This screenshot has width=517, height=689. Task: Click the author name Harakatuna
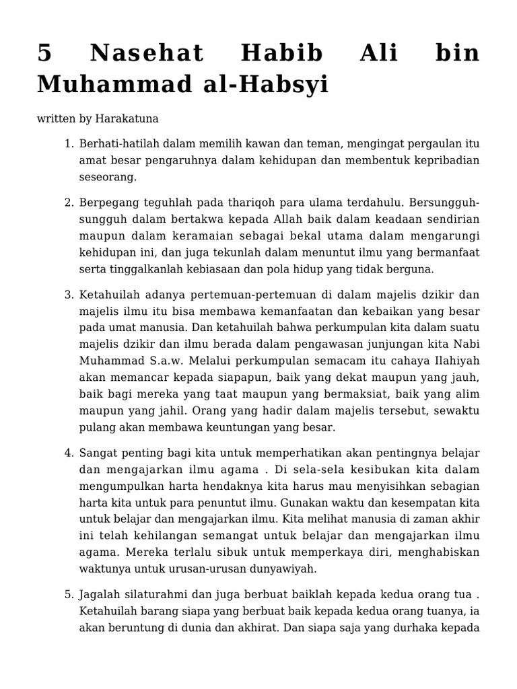(126, 118)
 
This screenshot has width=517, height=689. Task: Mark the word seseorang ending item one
(108, 176)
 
